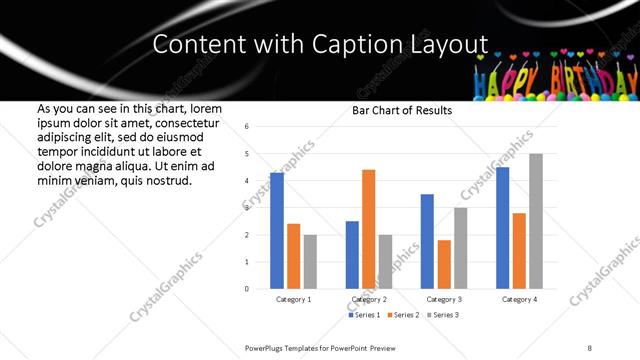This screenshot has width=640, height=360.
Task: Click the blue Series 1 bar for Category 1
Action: click(x=277, y=231)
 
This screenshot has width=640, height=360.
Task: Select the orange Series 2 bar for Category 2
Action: click(x=368, y=229)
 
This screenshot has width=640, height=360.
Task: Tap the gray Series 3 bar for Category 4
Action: click(x=536, y=221)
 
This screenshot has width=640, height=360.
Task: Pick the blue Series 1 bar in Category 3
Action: click(x=427, y=241)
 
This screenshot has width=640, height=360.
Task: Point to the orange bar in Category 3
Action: click(x=444, y=264)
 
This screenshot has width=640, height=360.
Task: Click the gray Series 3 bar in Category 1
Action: click(x=310, y=262)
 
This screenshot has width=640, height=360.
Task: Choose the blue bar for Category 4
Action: click(x=502, y=228)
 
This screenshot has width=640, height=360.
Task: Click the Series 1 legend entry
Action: click(x=366, y=315)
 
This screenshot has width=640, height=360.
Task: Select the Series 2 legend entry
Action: click(x=402, y=315)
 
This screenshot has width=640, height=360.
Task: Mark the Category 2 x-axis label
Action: click(x=368, y=299)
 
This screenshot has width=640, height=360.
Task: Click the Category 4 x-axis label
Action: click(x=519, y=299)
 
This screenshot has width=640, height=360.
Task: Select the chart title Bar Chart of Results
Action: click(x=402, y=110)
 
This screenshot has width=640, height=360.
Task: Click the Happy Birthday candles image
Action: click(x=555, y=72)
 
